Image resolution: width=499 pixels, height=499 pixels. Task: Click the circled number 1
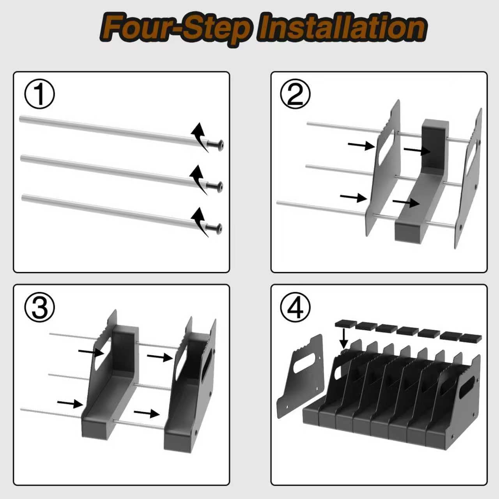point(39,95)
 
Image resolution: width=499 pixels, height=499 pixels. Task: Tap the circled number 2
point(296,95)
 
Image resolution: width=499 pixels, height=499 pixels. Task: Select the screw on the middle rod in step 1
point(215,186)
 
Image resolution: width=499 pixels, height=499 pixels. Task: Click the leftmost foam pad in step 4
point(345,324)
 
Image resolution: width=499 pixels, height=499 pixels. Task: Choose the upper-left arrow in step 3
point(91,352)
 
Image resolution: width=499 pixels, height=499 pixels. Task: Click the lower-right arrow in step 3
point(146,413)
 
